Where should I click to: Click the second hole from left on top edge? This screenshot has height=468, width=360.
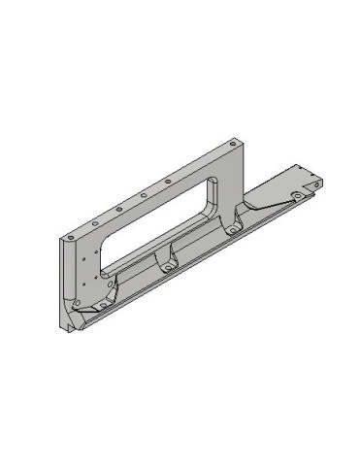pyautogui.click(x=117, y=208)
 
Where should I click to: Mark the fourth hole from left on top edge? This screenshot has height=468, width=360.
pyautogui.click(x=168, y=181)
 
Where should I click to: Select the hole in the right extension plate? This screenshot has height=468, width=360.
pyautogui.click(x=292, y=194)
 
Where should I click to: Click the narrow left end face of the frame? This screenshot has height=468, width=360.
pyautogui.click(x=65, y=286)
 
